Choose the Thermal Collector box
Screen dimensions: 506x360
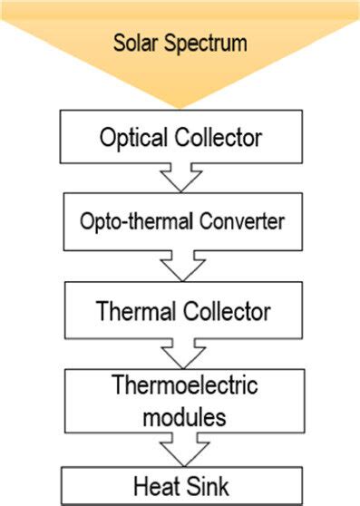pyautogui.click(x=180, y=311)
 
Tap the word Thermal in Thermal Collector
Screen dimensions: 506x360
pyautogui.click(x=133, y=311)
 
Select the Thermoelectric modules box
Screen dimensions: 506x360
pyautogui.click(x=180, y=402)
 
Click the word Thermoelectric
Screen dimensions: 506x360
pyautogui.click(x=184, y=386)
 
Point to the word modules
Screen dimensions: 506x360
pyautogui.click(x=184, y=417)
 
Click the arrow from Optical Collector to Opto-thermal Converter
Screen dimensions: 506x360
pyautogui.click(x=180, y=177)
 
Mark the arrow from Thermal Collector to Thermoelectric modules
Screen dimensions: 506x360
pyautogui.click(x=180, y=354)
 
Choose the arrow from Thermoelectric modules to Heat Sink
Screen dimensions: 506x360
pyautogui.click(x=180, y=450)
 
